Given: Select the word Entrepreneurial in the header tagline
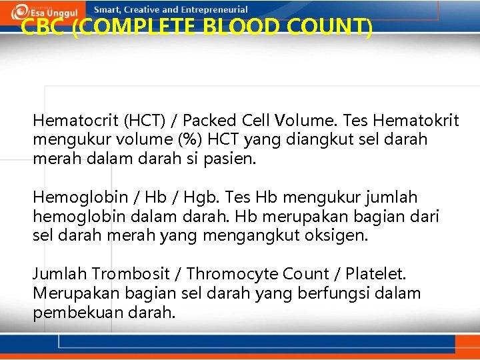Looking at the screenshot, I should tap(213, 10).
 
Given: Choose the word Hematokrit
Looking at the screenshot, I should tap(416, 121).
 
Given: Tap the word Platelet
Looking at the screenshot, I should tap(378, 273).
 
